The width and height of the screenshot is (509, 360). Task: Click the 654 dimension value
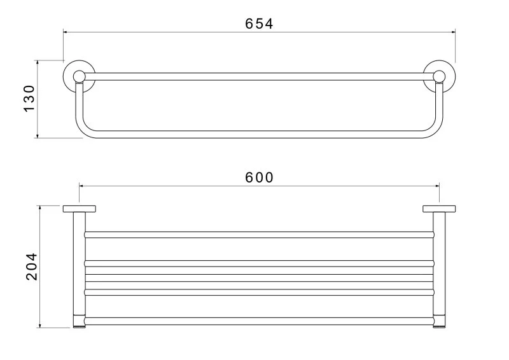(x=259, y=24)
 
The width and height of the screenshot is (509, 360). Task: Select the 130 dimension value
(x=29, y=99)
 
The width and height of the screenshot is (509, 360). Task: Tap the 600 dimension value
(x=259, y=177)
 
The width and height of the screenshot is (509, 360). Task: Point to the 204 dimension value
(x=32, y=267)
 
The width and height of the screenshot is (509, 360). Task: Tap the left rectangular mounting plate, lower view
(x=79, y=209)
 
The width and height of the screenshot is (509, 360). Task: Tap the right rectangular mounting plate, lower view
(x=439, y=209)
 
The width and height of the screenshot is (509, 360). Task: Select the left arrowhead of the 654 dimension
(x=66, y=32)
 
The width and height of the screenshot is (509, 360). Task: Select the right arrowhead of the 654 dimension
(x=453, y=32)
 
